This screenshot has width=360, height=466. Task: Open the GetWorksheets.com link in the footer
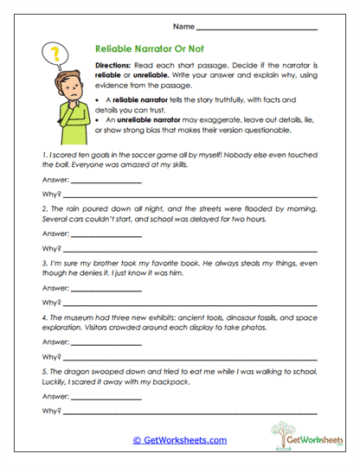(x=180, y=439)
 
